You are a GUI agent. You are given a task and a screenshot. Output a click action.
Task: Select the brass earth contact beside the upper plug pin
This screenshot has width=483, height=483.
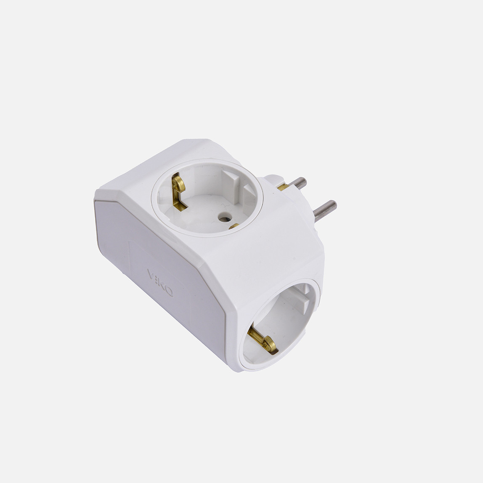[282, 186]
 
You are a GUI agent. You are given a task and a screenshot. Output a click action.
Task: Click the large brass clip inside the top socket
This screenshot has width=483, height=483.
[178, 191]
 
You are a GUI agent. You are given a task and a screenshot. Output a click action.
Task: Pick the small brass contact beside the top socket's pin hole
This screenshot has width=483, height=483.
[234, 226]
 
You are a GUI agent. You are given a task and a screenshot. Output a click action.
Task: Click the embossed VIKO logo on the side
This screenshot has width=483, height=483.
[160, 282]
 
